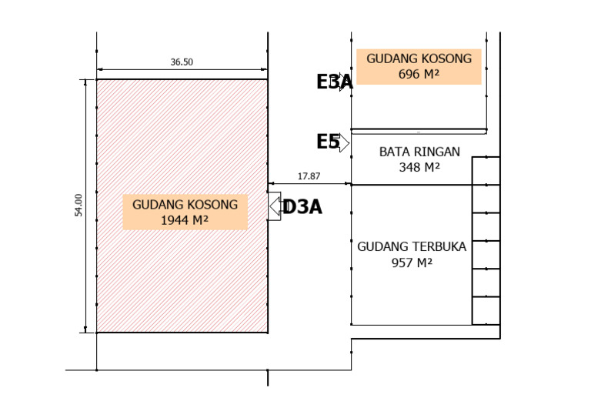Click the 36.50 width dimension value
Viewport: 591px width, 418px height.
point(182,62)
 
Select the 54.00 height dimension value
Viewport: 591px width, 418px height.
point(78,205)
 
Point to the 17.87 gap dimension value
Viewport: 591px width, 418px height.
point(309,176)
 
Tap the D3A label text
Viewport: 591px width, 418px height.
point(302,207)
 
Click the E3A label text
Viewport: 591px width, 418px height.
point(334,82)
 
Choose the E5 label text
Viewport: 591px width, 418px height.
point(328,142)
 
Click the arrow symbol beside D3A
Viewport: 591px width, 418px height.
point(275,206)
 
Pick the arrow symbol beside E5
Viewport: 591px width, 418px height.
point(343,143)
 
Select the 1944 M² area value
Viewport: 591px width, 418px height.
point(185,220)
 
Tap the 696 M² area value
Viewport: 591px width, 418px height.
point(419,74)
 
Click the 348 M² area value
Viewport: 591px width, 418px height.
point(419,167)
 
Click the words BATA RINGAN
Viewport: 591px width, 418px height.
point(419,152)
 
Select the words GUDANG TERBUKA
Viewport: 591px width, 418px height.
point(412,246)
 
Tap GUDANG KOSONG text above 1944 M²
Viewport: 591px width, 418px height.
point(185,205)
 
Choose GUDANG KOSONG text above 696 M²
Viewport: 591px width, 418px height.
point(419,59)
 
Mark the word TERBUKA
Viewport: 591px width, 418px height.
point(439,246)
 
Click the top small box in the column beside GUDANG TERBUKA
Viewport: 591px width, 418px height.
point(486,171)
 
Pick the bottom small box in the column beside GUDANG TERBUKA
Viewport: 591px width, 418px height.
point(486,310)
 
